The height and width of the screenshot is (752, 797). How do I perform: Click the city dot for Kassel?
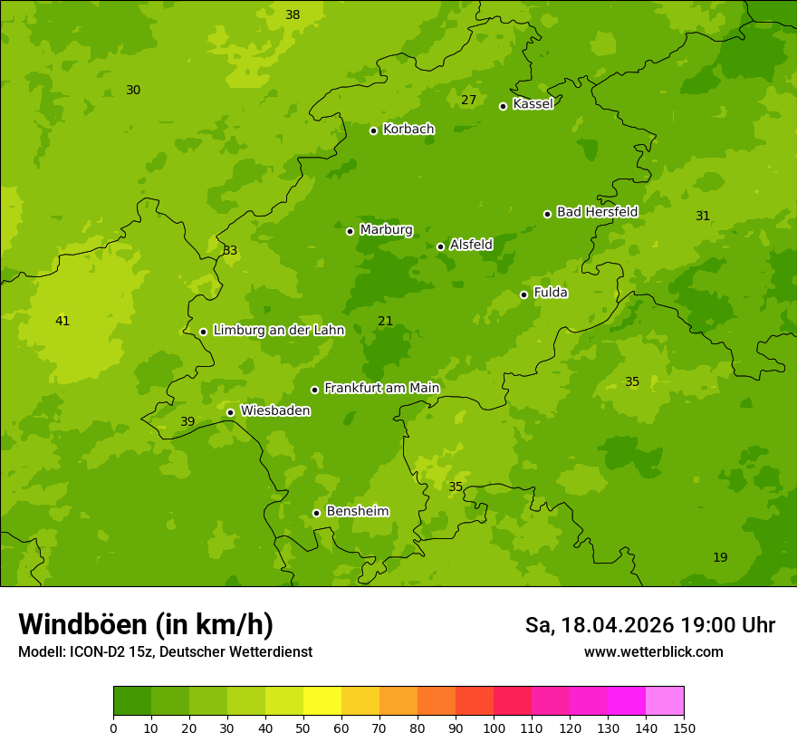pos(503,106)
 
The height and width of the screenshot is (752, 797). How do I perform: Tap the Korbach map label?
pos(408,130)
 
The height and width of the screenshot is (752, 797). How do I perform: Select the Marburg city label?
pos(386,230)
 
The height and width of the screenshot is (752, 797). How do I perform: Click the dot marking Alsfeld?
pos(440,246)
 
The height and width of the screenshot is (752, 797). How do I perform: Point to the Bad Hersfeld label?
pos(597,212)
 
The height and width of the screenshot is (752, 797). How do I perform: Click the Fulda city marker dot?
pos(523,294)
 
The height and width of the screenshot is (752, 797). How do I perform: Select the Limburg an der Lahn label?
pos(278,331)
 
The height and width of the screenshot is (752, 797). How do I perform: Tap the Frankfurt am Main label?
pos(381,389)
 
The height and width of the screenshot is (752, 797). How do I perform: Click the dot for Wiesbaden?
pos(230,412)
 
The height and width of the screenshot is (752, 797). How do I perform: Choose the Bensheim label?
pos(357,512)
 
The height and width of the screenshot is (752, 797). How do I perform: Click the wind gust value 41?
pos(62,321)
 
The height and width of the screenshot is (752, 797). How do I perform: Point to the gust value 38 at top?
pos(293,14)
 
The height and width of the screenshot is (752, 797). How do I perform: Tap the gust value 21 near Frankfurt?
pos(386,321)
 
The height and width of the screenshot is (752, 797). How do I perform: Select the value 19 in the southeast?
pos(720,557)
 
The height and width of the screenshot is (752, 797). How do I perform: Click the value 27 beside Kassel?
pos(468,100)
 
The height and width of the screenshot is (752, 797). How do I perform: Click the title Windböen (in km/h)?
pos(146,624)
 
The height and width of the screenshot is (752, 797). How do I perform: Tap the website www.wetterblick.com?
pos(653,651)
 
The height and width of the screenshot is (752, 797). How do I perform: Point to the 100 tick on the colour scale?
pos(494,728)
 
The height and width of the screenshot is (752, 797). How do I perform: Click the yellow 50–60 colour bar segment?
pos(322,701)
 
